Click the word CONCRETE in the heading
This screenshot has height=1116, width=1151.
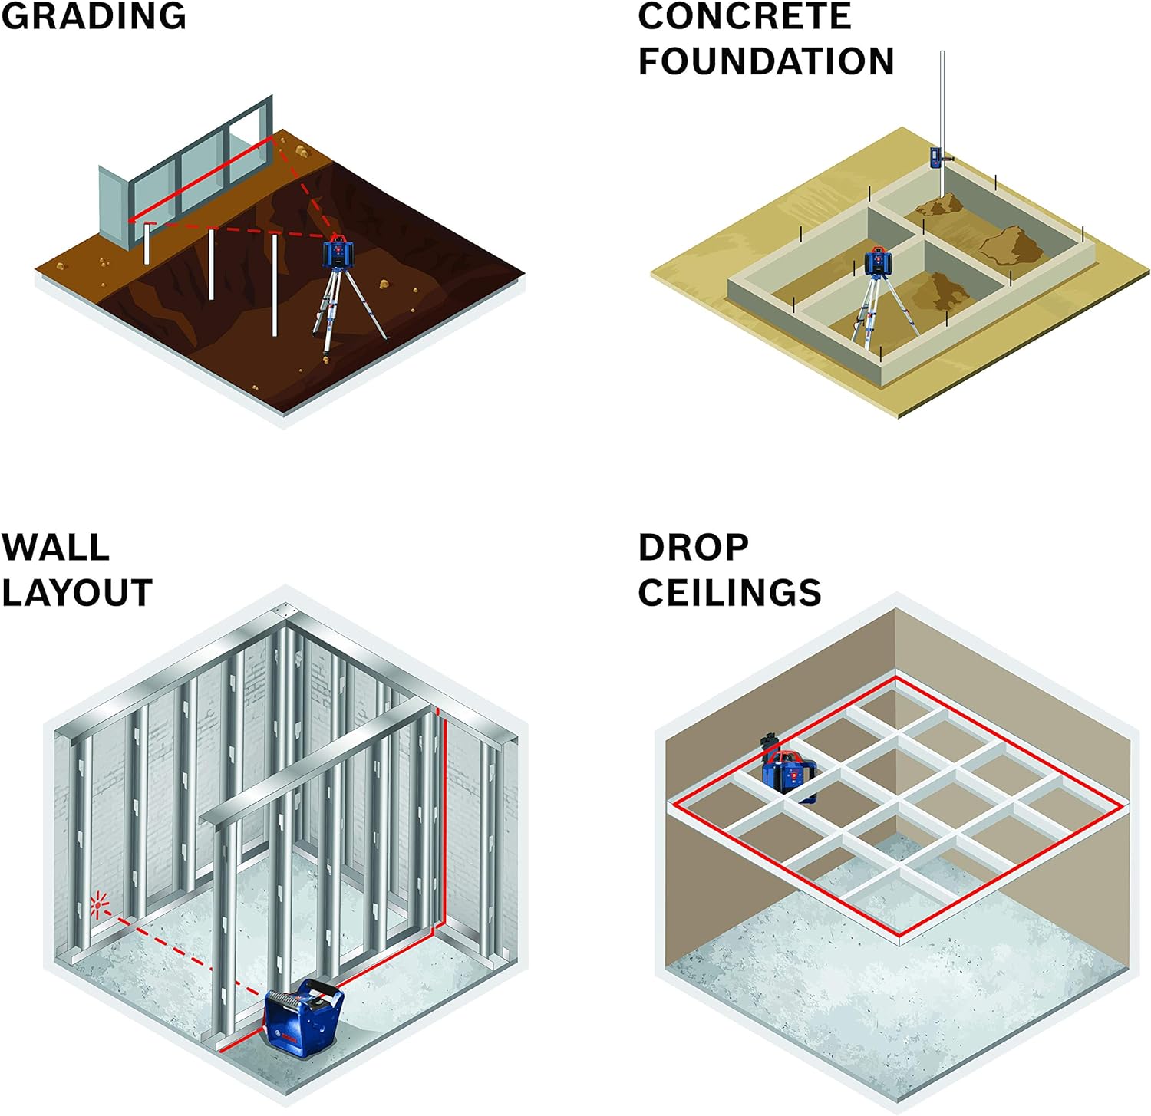(744, 16)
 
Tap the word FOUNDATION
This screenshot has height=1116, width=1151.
(766, 61)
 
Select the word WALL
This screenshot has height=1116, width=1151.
(55, 548)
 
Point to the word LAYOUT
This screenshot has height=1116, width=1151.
(77, 593)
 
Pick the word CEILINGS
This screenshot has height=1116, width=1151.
(729, 593)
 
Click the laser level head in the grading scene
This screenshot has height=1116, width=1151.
(338, 252)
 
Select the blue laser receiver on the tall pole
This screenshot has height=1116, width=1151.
(938, 157)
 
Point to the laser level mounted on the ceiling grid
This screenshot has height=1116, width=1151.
(787, 772)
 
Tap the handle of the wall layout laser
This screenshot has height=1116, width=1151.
(323, 986)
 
